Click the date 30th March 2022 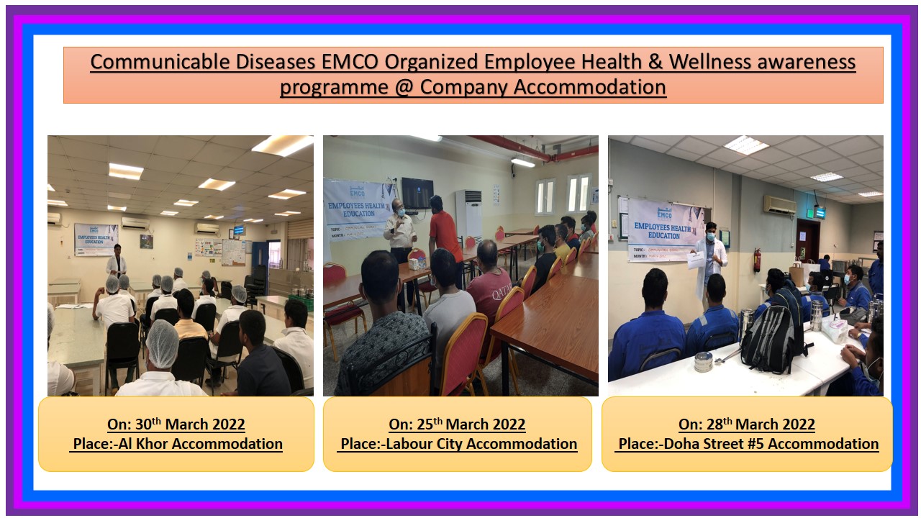click(x=176, y=424)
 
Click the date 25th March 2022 click(x=457, y=424)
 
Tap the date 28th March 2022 click(x=746, y=424)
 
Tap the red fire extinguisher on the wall click(x=756, y=260)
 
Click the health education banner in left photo click(x=96, y=239)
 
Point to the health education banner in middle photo click(x=358, y=210)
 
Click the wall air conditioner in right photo click(x=779, y=205)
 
